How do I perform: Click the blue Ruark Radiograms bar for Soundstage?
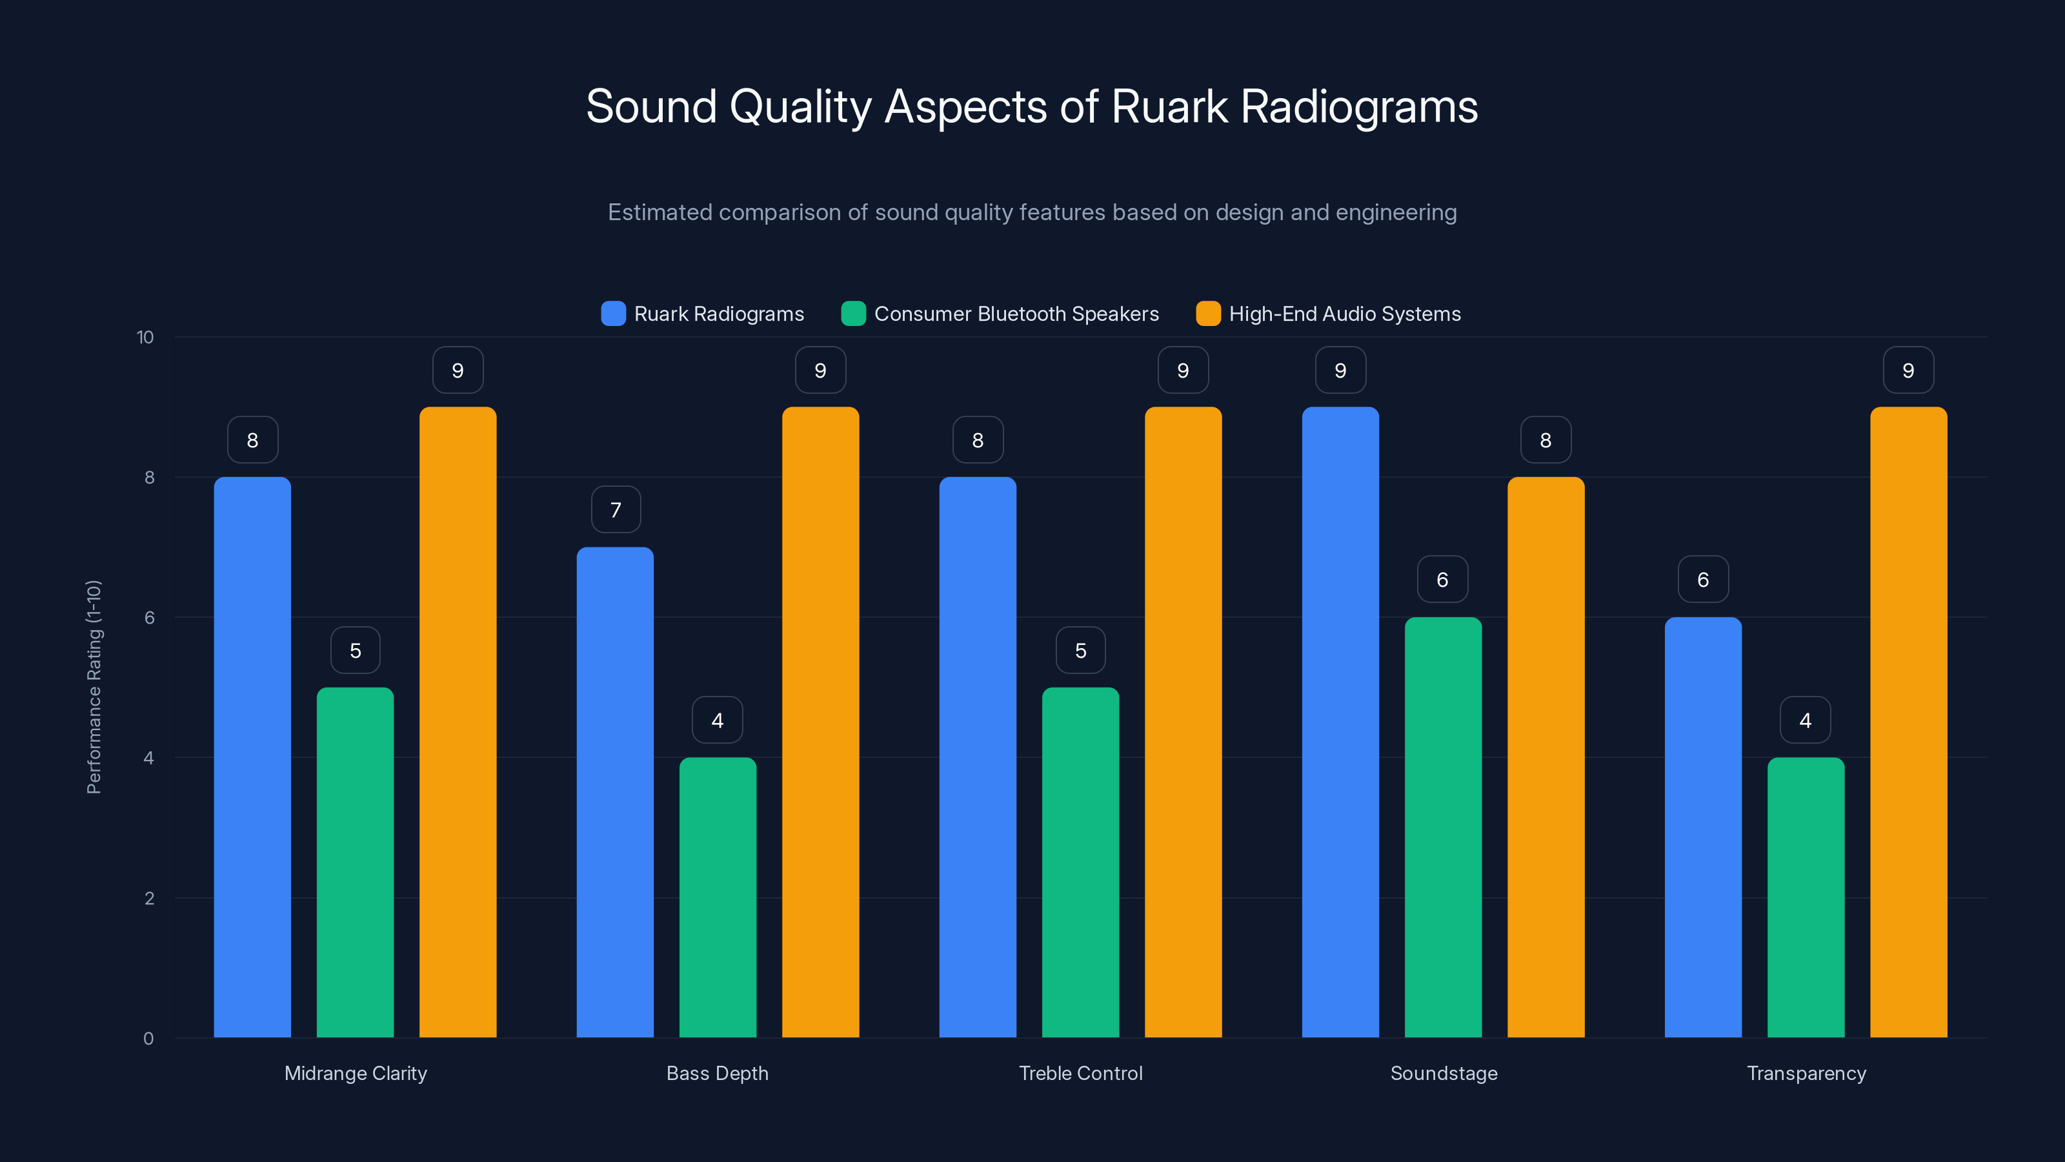point(1340,722)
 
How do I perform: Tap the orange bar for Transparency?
point(1908,722)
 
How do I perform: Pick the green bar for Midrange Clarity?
point(355,862)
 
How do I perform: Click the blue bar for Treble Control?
point(977,757)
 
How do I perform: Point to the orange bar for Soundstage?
point(1546,757)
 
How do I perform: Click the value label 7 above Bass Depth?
point(616,510)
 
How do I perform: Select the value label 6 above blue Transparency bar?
point(1703,580)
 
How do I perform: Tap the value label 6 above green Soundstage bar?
point(1442,580)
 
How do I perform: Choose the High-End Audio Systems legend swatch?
point(1208,314)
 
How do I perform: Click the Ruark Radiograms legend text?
point(718,314)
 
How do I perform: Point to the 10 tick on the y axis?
point(145,337)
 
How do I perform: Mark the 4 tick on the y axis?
point(148,758)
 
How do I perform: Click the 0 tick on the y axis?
point(148,1039)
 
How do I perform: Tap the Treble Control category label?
point(1080,1073)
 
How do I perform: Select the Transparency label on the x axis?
point(1806,1073)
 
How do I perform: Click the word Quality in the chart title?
point(800,107)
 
